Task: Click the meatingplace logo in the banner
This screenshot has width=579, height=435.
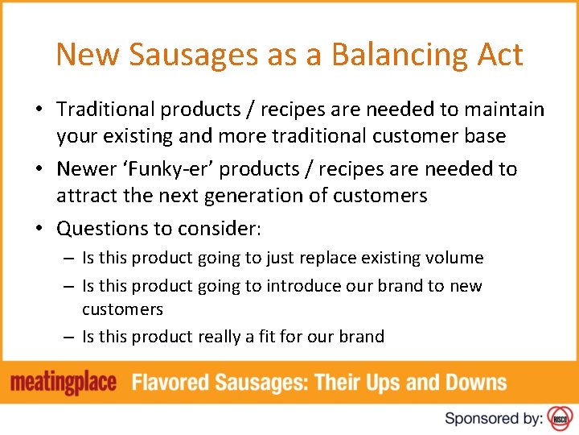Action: [64, 382]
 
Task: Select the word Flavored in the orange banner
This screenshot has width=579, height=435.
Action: [172, 382]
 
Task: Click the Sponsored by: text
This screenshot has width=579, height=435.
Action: [493, 418]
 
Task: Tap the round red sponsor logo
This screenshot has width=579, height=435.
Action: [559, 418]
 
